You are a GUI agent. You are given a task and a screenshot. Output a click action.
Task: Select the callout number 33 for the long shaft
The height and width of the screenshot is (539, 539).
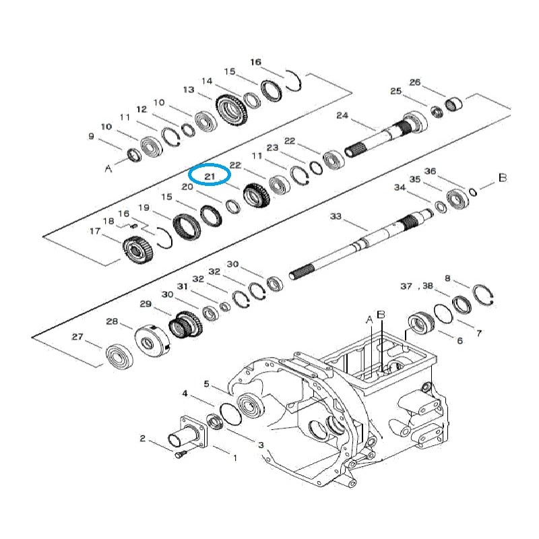pos(336,216)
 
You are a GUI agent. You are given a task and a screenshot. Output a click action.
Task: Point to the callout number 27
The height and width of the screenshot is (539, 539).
pos(77,337)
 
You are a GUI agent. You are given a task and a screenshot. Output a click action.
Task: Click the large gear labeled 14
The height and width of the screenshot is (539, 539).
pos(232,109)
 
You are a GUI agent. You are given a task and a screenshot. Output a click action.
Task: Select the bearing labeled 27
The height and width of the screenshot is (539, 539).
pos(118,355)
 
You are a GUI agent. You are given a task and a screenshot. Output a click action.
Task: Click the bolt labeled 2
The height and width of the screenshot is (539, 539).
pos(179,455)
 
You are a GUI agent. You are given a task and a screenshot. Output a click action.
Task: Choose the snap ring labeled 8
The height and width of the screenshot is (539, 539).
pos(482,296)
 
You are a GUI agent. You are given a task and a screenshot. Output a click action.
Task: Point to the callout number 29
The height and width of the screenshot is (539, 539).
pos(146,305)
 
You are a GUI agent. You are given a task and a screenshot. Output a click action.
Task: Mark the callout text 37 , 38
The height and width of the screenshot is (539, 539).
pos(416,286)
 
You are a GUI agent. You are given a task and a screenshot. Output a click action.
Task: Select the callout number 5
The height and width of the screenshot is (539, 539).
pos(207,385)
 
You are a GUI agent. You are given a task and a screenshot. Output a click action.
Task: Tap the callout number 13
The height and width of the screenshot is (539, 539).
pos(188,90)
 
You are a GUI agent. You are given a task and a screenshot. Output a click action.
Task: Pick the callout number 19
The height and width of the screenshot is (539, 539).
pos(144,208)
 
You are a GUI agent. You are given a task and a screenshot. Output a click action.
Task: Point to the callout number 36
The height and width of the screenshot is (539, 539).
pos(430,171)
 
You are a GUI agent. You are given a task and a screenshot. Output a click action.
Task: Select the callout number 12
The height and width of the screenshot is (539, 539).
pos(141,109)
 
